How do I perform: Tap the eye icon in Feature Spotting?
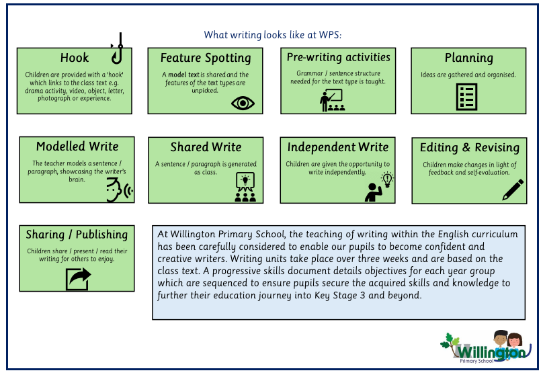tap(243, 103)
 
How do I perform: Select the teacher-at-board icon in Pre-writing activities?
tap(331, 100)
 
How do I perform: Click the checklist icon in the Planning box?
tap(466, 97)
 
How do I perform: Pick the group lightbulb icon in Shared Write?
tap(245, 187)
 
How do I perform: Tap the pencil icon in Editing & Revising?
tap(512, 190)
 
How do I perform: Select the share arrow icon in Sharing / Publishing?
tap(78, 278)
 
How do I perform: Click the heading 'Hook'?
tap(74, 58)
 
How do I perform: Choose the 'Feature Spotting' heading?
tap(206, 58)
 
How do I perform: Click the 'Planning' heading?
tap(468, 58)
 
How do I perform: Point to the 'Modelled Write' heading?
tap(77, 146)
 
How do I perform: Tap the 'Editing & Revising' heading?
tap(469, 148)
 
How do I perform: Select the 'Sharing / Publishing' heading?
tap(77, 235)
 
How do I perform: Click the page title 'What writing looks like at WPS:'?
tap(278, 35)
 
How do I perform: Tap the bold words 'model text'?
tap(184, 75)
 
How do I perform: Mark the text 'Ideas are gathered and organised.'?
tap(468, 75)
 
